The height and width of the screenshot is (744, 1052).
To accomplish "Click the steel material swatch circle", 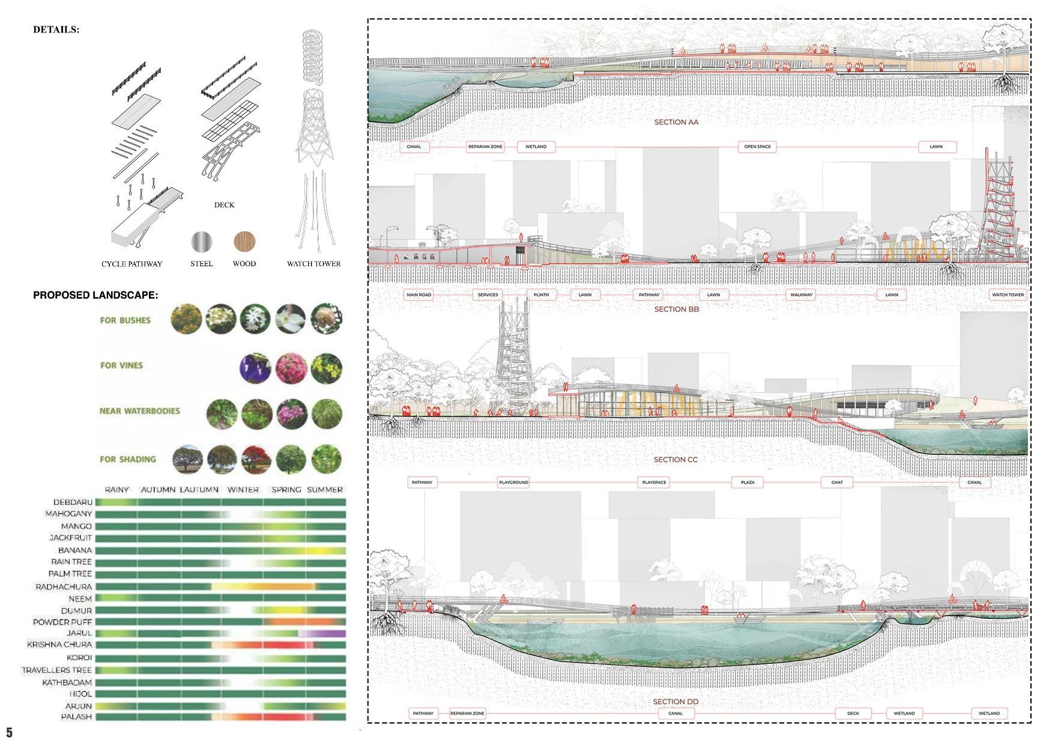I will (202, 242).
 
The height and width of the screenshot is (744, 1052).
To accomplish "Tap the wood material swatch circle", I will (244, 242).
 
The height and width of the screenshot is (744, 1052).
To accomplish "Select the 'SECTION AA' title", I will (676, 122).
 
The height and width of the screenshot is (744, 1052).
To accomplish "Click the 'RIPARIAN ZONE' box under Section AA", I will (485, 147).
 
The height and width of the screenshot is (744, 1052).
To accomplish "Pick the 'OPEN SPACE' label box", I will (757, 147).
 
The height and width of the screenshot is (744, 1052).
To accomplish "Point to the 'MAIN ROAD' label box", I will (419, 294).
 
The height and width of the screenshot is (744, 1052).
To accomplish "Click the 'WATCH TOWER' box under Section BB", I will (1008, 294).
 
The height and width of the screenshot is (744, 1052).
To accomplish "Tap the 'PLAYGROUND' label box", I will (513, 482).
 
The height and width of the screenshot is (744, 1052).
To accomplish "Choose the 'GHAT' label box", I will (837, 482).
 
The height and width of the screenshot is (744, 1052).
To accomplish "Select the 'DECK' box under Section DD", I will (853, 713).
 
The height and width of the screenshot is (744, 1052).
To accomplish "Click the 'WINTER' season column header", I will (243, 490).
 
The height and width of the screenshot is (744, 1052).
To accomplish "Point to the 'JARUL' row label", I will (79, 633).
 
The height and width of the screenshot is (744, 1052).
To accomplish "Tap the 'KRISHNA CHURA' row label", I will (59, 645).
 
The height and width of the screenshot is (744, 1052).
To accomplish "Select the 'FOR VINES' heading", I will (121, 365).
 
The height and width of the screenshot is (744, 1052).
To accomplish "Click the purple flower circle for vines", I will (256, 368).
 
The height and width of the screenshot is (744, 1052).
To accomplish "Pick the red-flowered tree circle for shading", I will (256, 460).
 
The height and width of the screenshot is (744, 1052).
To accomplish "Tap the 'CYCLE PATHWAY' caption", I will (131, 264).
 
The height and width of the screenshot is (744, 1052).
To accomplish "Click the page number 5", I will (9, 732).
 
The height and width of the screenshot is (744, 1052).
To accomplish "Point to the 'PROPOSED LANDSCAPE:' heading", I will (95, 295).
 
